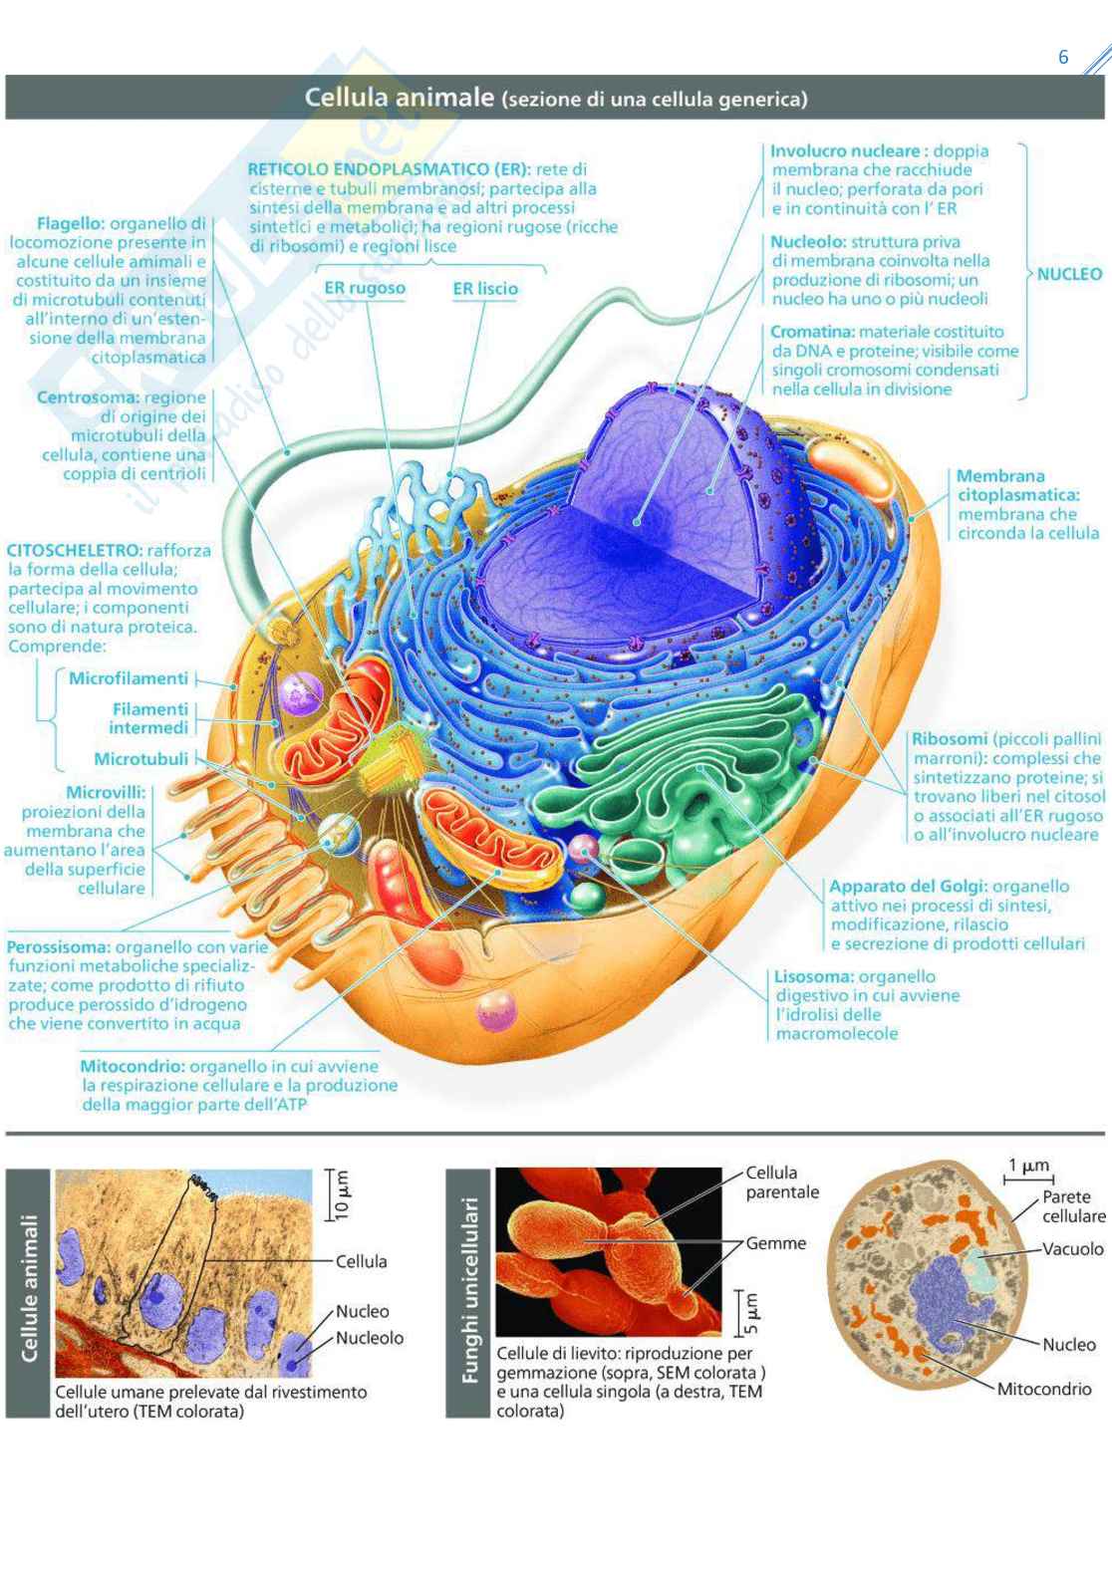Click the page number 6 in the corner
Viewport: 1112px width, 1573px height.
(1063, 57)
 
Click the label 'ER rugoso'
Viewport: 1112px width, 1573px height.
(365, 289)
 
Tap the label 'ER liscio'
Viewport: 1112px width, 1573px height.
(485, 289)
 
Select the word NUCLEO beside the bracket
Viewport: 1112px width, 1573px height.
(1069, 274)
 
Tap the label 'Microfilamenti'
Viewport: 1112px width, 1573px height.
(129, 678)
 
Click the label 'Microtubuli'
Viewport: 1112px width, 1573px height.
(140, 759)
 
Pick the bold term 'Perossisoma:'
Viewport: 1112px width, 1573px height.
(59, 946)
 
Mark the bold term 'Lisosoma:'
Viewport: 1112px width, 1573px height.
(814, 976)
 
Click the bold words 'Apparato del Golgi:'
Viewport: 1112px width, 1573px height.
(908, 886)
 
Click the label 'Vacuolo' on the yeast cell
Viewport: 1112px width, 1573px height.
(1072, 1248)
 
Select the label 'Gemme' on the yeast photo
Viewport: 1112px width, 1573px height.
(776, 1243)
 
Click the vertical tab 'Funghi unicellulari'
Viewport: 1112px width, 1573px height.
(470, 1291)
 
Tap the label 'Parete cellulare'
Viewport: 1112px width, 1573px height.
(1073, 1206)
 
